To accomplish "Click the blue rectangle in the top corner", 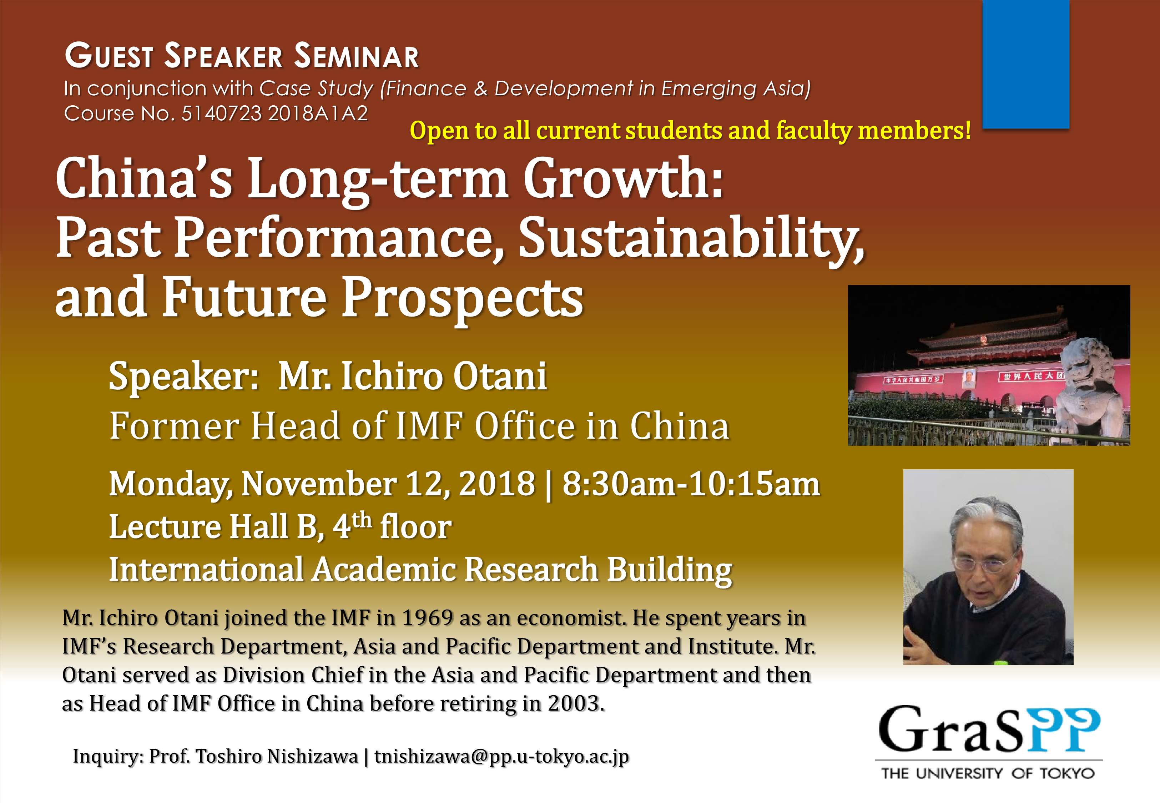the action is tap(1026, 64).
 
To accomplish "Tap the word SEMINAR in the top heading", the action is tap(357, 56).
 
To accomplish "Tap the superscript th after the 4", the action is tap(362, 519).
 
